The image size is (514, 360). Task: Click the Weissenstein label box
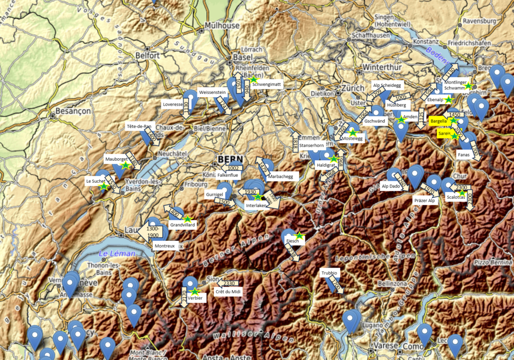point(212,92)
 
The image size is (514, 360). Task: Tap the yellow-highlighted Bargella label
point(438,121)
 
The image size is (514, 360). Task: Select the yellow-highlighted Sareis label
point(444,134)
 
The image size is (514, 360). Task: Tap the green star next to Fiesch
point(300,236)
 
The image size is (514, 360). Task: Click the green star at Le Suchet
point(104,187)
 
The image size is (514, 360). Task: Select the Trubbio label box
point(329,272)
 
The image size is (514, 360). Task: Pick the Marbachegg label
point(281,176)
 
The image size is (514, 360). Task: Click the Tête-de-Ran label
point(139,126)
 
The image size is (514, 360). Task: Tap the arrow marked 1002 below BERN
point(234,168)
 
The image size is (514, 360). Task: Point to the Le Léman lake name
point(117,253)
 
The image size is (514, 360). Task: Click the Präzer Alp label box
point(424,200)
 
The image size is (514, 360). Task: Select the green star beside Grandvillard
point(187,219)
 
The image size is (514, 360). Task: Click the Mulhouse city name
point(222,25)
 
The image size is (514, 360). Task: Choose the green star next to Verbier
point(195,292)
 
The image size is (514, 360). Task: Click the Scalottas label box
point(456,197)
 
